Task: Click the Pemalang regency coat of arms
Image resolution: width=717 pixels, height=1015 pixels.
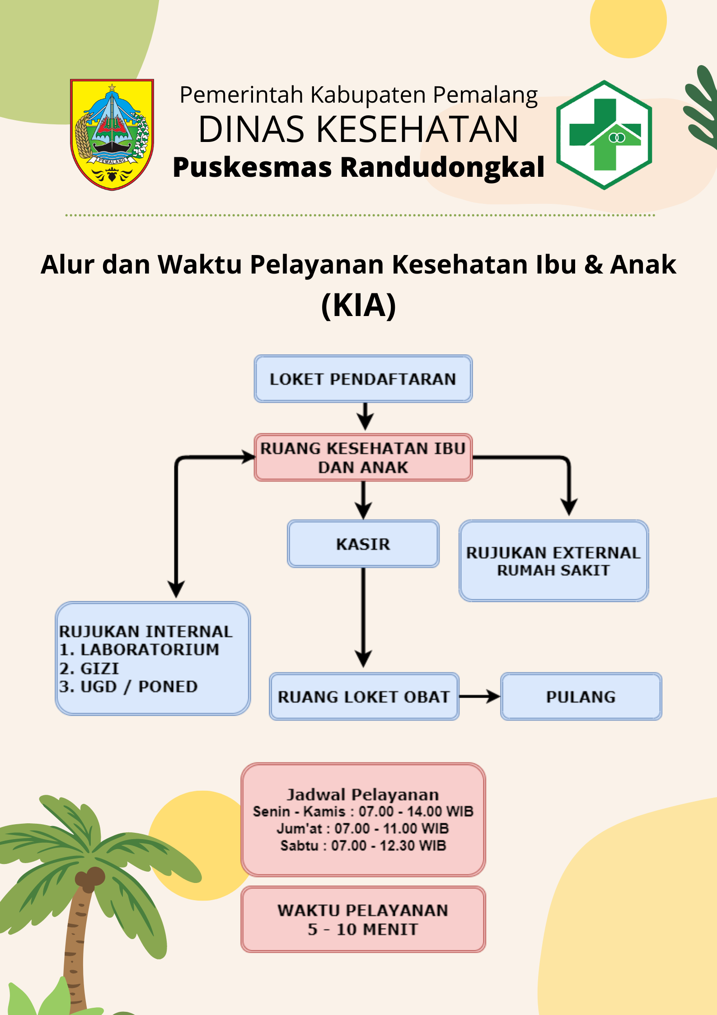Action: pyautogui.click(x=112, y=134)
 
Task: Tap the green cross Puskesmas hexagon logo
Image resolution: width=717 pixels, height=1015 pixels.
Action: pyautogui.click(x=604, y=135)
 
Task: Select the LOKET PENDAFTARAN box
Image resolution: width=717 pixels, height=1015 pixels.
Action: pyautogui.click(x=363, y=379)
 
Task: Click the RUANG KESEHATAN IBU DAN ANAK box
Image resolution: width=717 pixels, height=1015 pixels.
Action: pyautogui.click(x=363, y=458)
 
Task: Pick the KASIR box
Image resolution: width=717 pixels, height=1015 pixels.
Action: pyautogui.click(x=363, y=544)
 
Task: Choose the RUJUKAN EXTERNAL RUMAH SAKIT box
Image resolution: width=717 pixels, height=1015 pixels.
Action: pyautogui.click(x=554, y=561)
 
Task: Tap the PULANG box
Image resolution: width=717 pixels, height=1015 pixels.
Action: pyautogui.click(x=581, y=697)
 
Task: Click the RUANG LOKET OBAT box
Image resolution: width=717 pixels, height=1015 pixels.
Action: pyautogui.click(x=364, y=697)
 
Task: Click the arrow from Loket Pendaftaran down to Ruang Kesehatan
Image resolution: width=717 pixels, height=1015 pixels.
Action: pyautogui.click(x=365, y=416)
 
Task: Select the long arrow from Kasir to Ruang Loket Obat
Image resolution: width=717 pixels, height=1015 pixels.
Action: pyautogui.click(x=363, y=618)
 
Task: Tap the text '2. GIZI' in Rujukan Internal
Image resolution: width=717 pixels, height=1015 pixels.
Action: pyautogui.click(x=89, y=668)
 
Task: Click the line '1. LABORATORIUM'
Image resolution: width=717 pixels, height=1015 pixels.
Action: pyautogui.click(x=139, y=650)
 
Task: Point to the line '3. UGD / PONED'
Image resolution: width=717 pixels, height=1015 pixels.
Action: pyautogui.click(x=128, y=687)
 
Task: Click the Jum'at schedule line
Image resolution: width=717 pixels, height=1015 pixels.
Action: pyautogui.click(x=363, y=828)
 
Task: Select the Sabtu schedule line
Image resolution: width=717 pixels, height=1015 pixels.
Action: pyautogui.click(x=363, y=845)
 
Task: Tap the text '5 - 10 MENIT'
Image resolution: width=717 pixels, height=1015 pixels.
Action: pyautogui.click(x=363, y=930)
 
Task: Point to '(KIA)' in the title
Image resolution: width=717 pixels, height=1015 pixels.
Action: pyautogui.click(x=359, y=306)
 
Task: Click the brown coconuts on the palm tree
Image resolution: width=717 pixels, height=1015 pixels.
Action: pyautogui.click(x=89, y=878)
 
